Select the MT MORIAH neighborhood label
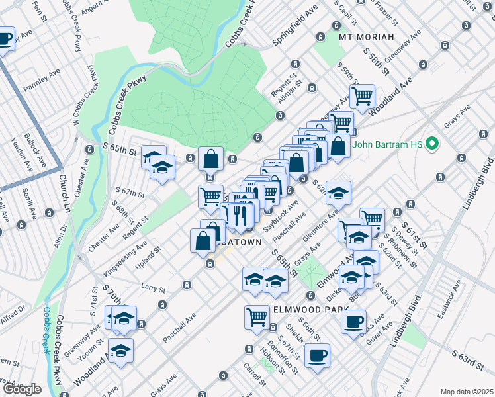pos(366,36)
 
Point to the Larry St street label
pos(153,287)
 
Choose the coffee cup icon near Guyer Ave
pos(353,322)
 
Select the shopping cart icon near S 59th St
pos(362,96)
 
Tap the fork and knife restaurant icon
pos(238,214)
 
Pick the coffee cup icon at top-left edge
pos(5,40)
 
